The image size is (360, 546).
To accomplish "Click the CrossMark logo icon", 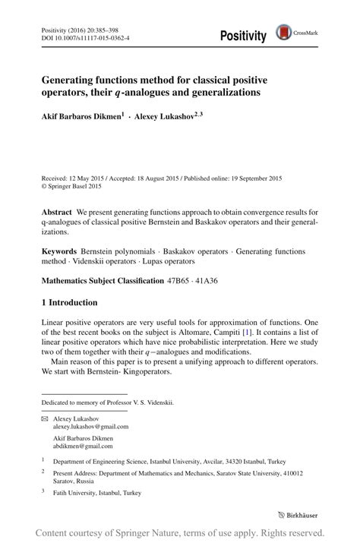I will (283, 32).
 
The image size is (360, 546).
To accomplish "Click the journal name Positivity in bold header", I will (243, 36).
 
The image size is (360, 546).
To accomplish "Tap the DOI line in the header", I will (84, 36).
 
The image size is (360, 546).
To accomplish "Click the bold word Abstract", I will (57, 211).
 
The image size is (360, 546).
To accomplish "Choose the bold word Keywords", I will (61, 251).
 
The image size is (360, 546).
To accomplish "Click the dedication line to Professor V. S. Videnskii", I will (107, 402).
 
